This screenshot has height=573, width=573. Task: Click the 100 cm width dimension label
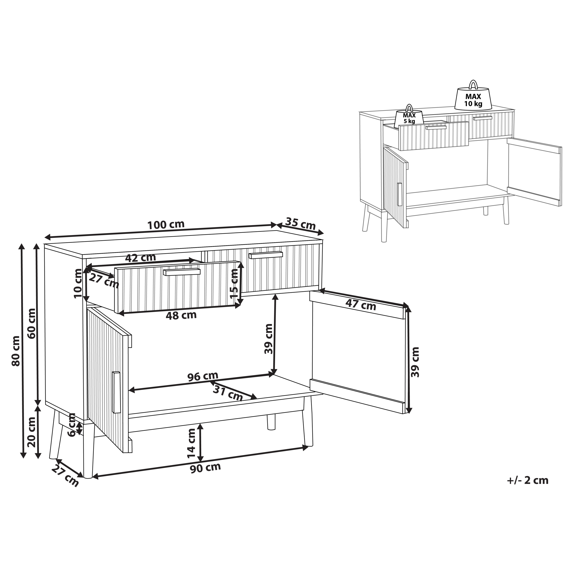[x=166, y=224]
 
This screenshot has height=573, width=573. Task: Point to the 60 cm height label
[x=31, y=323]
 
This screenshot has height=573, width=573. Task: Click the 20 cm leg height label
[x=31, y=432]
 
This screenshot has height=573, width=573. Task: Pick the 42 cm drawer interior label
[x=140, y=258]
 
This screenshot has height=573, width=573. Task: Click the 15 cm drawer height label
[x=234, y=284]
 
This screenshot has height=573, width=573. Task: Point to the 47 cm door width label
[x=361, y=305]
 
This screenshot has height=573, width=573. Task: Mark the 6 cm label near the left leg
[x=72, y=425]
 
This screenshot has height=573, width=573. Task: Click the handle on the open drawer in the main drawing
[x=182, y=272]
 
